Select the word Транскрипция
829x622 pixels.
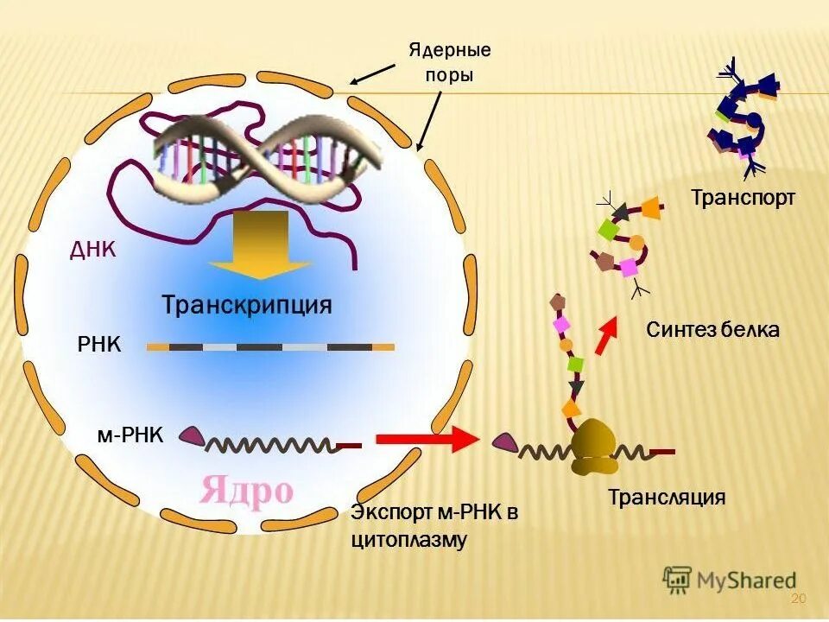[x=247, y=306]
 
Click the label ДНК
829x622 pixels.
[x=92, y=250]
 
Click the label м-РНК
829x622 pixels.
[x=130, y=434]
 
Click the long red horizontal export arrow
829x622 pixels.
[x=427, y=439]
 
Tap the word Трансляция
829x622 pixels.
[x=667, y=498]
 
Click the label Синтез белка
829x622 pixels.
[x=712, y=329]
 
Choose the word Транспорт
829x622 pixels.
[x=743, y=198]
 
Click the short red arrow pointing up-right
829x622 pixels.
[x=607, y=334]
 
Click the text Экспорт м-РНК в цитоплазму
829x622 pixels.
[x=433, y=527]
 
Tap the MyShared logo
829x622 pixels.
[x=730, y=578]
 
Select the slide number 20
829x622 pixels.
[x=797, y=600]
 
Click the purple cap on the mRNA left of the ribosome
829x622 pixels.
[x=503, y=443]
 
